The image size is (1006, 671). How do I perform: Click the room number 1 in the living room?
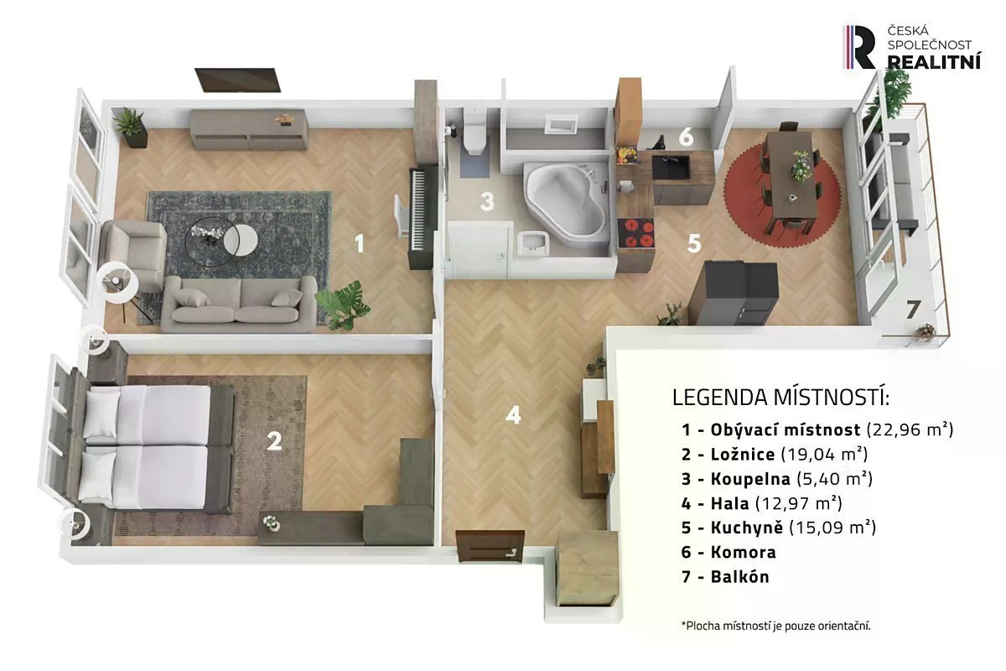pyautogui.click(x=359, y=243)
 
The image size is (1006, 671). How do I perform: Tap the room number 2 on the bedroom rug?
pyautogui.click(x=274, y=441)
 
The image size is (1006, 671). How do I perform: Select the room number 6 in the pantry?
pyautogui.click(x=686, y=137)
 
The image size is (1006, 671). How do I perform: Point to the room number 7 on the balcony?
pyautogui.click(x=913, y=309)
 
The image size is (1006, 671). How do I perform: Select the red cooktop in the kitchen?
pyautogui.click(x=635, y=233)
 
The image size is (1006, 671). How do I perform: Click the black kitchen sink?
pyautogui.click(x=671, y=167)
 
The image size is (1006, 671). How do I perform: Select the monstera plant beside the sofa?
pyautogui.click(x=343, y=304)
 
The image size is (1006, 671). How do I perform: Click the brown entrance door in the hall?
pyautogui.click(x=490, y=546)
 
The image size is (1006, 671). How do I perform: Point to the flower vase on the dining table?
pyautogui.click(x=801, y=165)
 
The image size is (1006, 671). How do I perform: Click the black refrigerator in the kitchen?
pyautogui.click(x=733, y=293)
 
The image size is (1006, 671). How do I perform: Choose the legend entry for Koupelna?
pyautogui.click(x=776, y=479)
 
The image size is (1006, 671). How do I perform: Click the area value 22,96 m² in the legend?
pyautogui.click(x=910, y=429)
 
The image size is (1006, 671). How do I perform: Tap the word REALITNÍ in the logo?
pyautogui.click(x=935, y=61)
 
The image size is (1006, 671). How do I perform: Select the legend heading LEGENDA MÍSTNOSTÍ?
pyautogui.click(x=780, y=398)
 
